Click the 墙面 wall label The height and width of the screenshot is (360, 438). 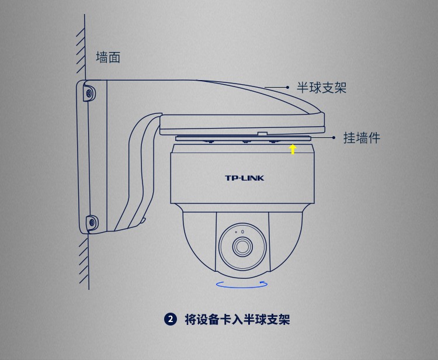coord(108,57)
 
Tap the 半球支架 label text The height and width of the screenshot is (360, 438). coord(322,88)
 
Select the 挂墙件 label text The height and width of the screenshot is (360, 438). coord(361,138)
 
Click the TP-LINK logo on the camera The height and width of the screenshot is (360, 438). coord(245,178)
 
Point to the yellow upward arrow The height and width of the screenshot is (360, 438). coord(293,149)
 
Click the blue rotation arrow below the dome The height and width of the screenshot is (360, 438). coord(242,287)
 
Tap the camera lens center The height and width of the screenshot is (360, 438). coord(242,246)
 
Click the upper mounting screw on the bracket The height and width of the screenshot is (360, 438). coord(89,93)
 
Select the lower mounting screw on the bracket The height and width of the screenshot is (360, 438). coord(92,223)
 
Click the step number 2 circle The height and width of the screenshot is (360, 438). coord(171,319)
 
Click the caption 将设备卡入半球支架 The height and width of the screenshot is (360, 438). coord(237,319)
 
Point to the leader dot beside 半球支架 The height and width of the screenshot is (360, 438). coord(287,87)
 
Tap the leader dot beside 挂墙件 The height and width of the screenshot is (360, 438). coord(334,137)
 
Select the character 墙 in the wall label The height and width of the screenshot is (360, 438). coord(102,57)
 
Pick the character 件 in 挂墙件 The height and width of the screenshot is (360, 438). coord(374,138)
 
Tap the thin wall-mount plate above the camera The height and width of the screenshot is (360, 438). coord(243,139)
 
